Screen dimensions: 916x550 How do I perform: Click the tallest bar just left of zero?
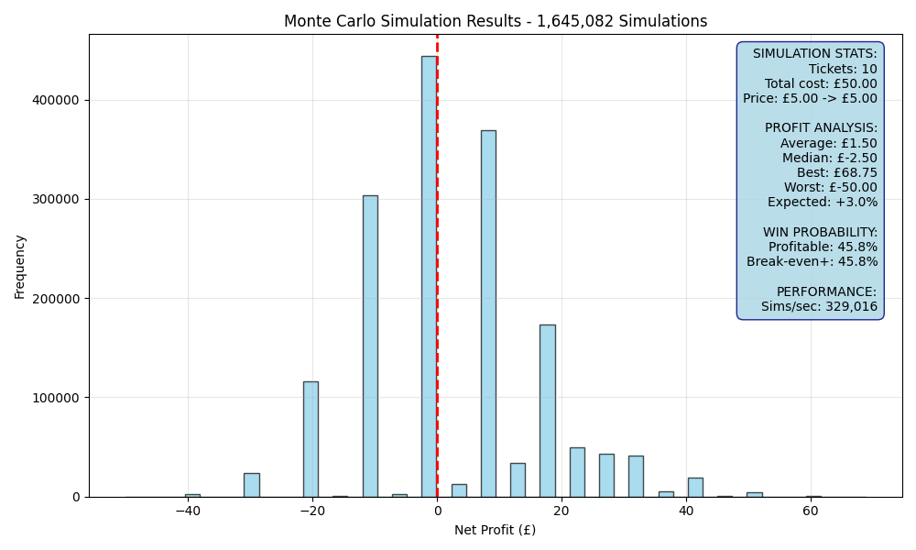pyautogui.click(x=429, y=277)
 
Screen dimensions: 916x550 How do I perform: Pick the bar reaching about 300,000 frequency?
pyautogui.click(x=370, y=346)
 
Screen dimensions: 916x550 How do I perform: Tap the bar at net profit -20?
pyautogui.click(x=311, y=439)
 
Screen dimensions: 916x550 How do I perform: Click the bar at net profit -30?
pyautogui.click(x=252, y=485)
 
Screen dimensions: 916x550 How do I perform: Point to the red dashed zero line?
pyautogui.click(x=437, y=266)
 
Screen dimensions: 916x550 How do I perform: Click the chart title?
pyautogui.click(x=496, y=21)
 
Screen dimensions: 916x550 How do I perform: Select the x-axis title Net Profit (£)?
pyautogui.click(x=495, y=530)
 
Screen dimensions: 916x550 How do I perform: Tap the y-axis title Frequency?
pyautogui.click(x=20, y=267)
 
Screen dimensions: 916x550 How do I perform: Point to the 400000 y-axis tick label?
pyautogui.click(x=57, y=101)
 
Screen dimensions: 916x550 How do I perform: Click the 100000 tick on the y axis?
pyautogui.click(x=57, y=398)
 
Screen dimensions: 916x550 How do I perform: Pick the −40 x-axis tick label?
pyautogui.click(x=188, y=511)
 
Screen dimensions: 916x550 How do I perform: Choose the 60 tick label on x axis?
pyautogui.click(x=811, y=511)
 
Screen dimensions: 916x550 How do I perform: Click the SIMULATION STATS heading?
pyautogui.click(x=814, y=54)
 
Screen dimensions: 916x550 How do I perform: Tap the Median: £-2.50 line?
pyautogui.click(x=830, y=159)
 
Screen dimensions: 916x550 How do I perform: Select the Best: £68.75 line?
pyautogui.click(x=836, y=173)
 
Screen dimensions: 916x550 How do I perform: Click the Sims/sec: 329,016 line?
pyautogui.click(x=819, y=307)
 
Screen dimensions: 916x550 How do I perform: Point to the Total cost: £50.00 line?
pyautogui.click(x=821, y=83)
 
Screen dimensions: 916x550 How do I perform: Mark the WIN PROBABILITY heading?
pyautogui.click(x=820, y=233)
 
